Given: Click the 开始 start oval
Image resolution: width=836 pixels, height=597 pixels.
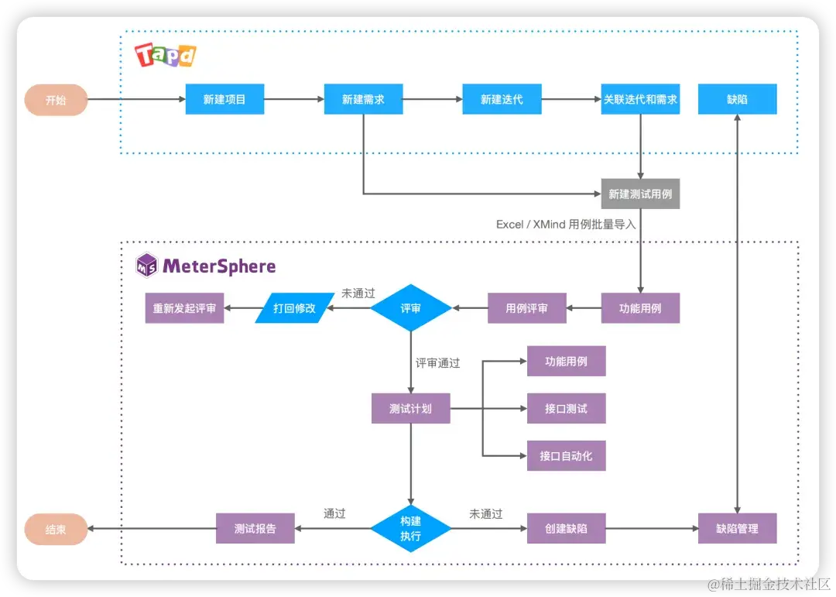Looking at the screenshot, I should (56, 100).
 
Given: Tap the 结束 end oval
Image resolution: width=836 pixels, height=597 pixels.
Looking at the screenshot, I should (56, 530).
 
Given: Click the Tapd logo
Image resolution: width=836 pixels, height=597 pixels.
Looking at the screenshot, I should (166, 55).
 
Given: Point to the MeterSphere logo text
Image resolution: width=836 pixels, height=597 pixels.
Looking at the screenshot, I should (218, 266).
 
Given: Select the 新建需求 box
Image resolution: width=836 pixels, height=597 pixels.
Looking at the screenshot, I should (363, 99).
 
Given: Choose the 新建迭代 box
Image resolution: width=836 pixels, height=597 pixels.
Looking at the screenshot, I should (502, 99).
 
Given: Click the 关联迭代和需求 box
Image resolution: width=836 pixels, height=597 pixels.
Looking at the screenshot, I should (640, 99).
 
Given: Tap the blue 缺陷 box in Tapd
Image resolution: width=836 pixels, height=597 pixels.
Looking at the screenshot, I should (737, 99).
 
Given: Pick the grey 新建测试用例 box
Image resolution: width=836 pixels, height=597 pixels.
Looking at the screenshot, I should (640, 194).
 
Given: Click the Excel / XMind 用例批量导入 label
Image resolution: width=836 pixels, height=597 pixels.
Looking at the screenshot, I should (566, 225).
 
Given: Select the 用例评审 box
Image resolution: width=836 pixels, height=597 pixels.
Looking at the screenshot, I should (526, 308).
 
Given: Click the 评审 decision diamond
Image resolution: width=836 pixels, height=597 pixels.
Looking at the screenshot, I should (410, 308).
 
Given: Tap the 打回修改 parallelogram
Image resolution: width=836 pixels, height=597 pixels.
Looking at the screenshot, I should (294, 308).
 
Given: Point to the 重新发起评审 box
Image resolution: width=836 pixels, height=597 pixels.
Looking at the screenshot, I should (184, 308).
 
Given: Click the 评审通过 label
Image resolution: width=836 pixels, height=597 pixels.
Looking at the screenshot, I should (437, 362).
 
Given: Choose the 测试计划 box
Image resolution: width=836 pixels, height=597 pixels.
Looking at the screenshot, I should (410, 408).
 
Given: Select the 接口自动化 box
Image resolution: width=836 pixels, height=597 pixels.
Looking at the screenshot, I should (566, 455).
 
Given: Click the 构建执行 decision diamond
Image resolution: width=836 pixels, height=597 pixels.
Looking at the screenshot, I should (410, 529).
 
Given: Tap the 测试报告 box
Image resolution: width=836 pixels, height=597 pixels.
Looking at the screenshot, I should (255, 529).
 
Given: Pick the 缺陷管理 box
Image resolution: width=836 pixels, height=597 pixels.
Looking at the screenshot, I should (737, 529).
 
